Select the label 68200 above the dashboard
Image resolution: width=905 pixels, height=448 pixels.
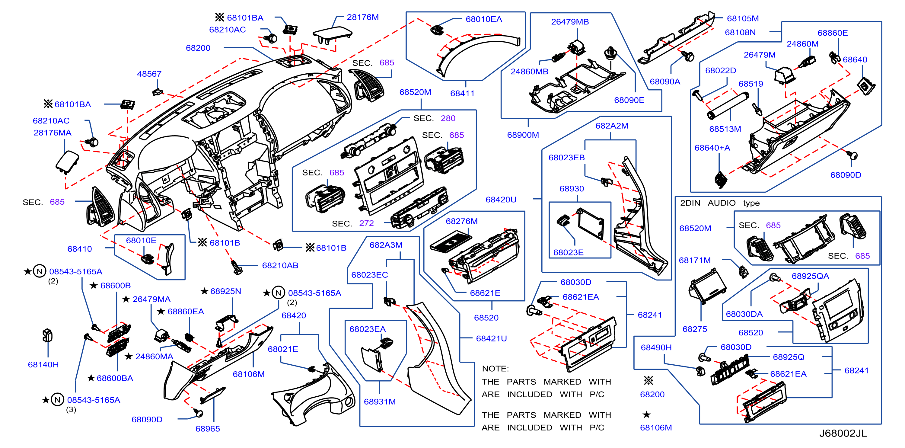[198, 48]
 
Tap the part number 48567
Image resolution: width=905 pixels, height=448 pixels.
[149, 74]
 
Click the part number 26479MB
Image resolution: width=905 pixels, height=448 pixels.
[570, 22]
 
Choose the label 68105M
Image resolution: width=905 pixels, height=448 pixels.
[743, 18]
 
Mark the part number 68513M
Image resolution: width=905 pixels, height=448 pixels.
[725, 129]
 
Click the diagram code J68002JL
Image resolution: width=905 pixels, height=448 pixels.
[843, 433]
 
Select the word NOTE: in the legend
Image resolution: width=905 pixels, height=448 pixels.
[496, 369]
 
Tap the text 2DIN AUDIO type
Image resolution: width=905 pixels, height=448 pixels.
[720, 203]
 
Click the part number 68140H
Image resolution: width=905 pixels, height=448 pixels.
[43, 364]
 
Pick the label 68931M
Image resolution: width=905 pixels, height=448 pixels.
[380, 401]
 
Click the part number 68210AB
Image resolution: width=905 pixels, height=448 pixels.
[280, 265]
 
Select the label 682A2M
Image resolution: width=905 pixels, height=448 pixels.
[612, 126]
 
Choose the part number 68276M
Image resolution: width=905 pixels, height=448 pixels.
[462, 221]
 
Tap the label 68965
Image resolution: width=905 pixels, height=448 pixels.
[208, 429]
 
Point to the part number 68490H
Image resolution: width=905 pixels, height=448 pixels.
[656, 347]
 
